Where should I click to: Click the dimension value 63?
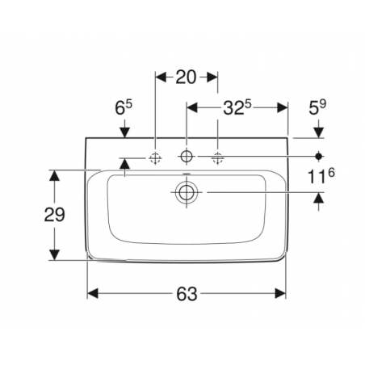[186, 295]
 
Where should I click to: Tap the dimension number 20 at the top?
[186, 78]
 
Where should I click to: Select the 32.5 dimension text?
[238, 106]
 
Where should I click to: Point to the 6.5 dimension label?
[124, 106]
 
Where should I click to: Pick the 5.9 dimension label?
[320, 106]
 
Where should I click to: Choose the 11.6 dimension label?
[320, 175]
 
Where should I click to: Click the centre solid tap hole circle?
[186, 156]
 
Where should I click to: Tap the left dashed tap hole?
[154, 158]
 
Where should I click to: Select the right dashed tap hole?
[217, 158]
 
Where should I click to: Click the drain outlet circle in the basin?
[186, 192]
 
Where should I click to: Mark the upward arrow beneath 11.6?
[320, 198]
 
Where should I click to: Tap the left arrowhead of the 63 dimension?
[92, 295]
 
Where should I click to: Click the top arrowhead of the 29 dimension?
[53, 174]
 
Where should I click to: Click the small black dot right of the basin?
[320, 154]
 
